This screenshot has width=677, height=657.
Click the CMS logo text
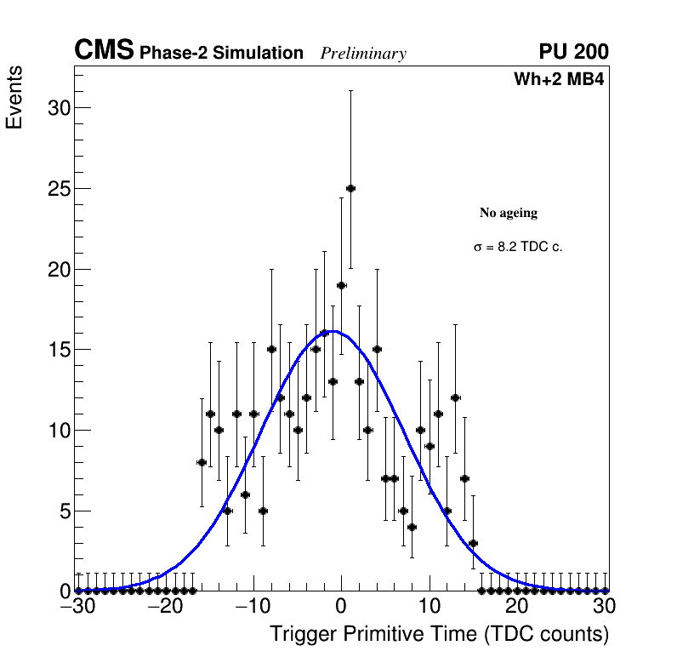coord(104,51)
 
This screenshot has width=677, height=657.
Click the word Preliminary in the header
coord(363,54)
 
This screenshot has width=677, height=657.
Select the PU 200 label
coord(573,52)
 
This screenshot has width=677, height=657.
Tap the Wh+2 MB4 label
coord(559,80)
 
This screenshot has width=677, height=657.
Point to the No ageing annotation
coord(509,213)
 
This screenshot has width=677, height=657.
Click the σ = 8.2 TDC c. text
coord(518,248)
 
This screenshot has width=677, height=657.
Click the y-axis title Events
coord(14,98)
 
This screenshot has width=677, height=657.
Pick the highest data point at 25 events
coord(350,188)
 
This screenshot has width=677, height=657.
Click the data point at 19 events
coord(341,285)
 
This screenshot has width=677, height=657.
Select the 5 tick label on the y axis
coord(62,511)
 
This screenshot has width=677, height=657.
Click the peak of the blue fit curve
coord(333,331)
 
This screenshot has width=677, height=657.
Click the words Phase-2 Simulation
coord(221,54)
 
